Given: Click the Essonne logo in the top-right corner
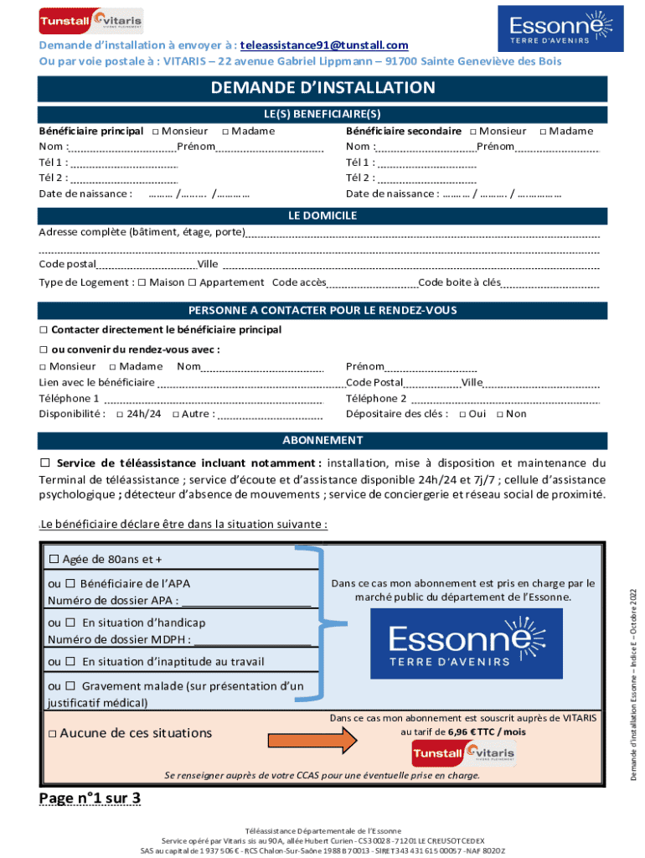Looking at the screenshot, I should pyautogui.click(x=560, y=28).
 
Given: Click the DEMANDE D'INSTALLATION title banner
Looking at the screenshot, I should pyautogui.click(x=322, y=88).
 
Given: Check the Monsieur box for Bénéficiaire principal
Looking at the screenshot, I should pyautogui.click(x=156, y=132).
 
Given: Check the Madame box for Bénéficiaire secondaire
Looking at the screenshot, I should pyautogui.click(x=543, y=132).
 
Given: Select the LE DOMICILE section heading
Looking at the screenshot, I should pyautogui.click(x=322, y=216).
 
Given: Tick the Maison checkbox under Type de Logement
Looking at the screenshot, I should pyautogui.click(x=142, y=283).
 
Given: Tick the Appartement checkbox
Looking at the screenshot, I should pyautogui.click(x=192, y=283).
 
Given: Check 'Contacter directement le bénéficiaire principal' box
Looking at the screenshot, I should pyautogui.click(x=44, y=330).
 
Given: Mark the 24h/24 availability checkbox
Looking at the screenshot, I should pyautogui.click(x=120, y=415).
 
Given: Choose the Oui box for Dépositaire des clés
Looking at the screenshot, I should pyautogui.click(x=462, y=415).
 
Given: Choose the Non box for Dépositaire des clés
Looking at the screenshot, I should pyautogui.click(x=500, y=415).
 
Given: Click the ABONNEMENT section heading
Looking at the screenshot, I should pyautogui.click(x=322, y=441).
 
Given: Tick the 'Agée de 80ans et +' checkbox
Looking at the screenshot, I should pyautogui.click(x=54, y=559).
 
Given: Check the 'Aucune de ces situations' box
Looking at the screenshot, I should pyautogui.click(x=52, y=734).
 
